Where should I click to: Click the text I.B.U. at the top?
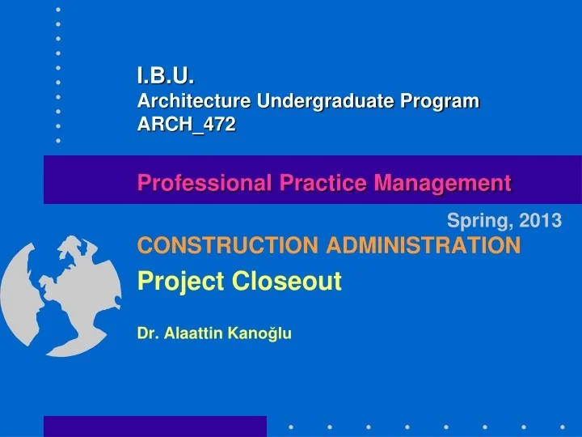(166, 78)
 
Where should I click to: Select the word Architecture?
(194, 101)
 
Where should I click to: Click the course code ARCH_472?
(187, 125)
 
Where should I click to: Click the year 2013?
(542, 220)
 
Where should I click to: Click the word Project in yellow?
(181, 282)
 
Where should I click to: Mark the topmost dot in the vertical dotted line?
(58, 9)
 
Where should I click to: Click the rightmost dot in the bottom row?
(562, 426)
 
